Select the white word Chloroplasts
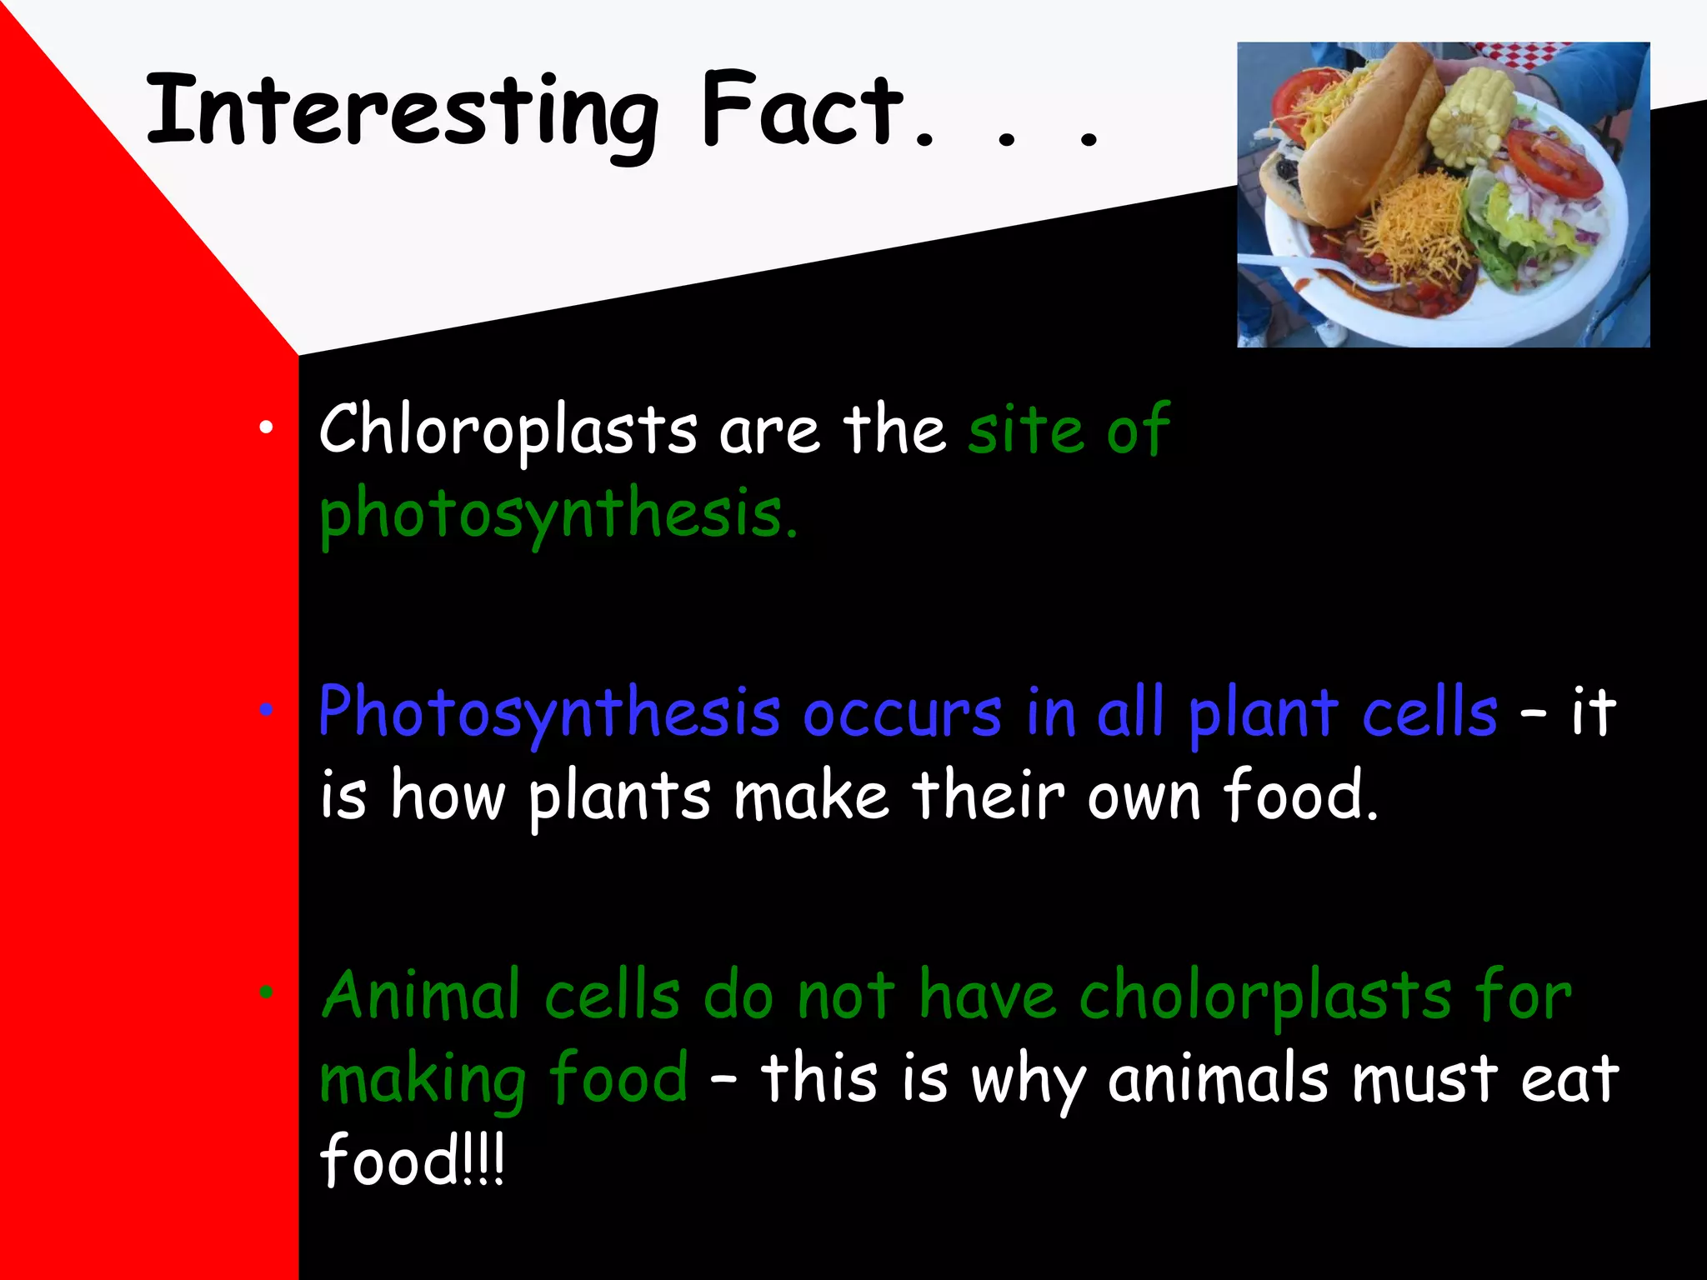(x=508, y=431)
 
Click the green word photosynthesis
(x=557, y=514)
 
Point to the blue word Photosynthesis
(x=549, y=714)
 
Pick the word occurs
(x=902, y=714)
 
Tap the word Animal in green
(x=421, y=996)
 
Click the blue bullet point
(x=266, y=710)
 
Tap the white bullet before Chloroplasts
(x=266, y=428)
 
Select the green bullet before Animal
(x=266, y=992)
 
